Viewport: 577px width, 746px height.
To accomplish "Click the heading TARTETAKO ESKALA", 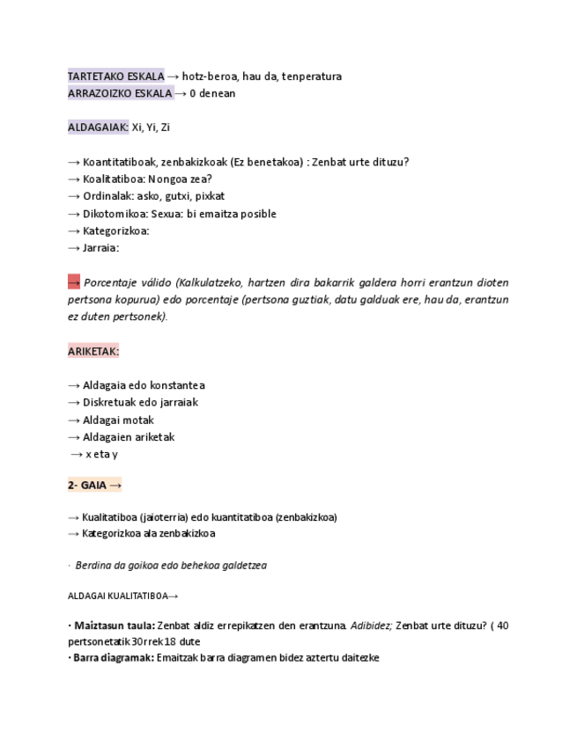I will tap(115, 77).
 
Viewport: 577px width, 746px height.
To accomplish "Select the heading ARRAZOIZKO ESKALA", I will tap(120, 93).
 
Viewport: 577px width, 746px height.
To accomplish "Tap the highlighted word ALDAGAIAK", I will tap(98, 128).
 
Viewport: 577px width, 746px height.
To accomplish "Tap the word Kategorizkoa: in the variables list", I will tap(116, 230).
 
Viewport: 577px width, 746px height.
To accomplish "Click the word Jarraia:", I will tap(100, 248).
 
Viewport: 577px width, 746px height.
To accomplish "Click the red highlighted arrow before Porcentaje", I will tap(74, 282).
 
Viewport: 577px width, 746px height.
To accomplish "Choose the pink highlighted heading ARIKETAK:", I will tap(93, 351).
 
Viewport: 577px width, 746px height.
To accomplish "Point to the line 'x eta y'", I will tap(101, 454).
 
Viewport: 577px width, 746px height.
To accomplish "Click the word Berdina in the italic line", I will tap(92, 566).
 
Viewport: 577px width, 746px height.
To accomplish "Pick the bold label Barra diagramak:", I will tap(114, 657).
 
